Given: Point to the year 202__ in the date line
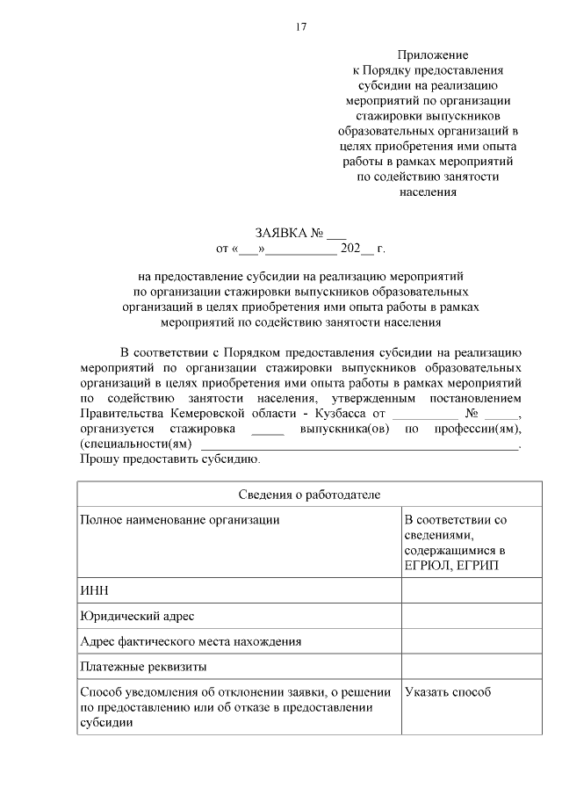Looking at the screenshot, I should coord(357,249).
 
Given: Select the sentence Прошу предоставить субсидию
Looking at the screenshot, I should coord(169,459).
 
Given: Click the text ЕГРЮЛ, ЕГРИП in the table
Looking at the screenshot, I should coord(447,564).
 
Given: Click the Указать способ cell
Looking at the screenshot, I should coord(448,692).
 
